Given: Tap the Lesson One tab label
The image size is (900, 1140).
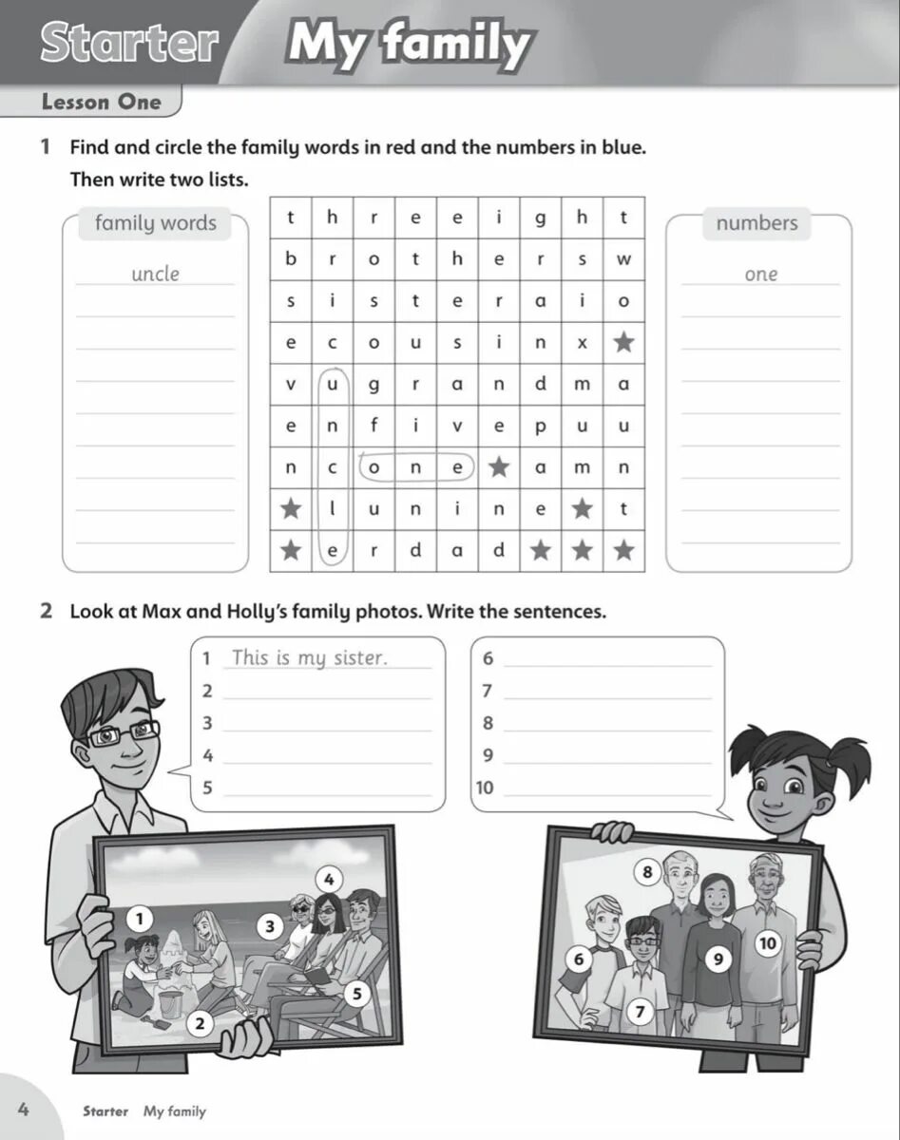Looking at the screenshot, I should [102, 102].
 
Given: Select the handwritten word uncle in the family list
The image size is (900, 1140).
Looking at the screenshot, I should [155, 274].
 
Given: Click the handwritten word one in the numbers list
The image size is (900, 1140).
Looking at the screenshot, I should [761, 274].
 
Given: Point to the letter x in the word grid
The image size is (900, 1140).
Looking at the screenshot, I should [583, 343].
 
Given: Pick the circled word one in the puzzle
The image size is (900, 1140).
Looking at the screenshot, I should [415, 467].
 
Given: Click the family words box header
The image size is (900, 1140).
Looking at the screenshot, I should [156, 223].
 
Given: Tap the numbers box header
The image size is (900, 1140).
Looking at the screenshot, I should [757, 223].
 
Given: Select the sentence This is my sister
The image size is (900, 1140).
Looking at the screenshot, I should [310, 657].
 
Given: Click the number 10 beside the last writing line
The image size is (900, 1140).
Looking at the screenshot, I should [485, 788].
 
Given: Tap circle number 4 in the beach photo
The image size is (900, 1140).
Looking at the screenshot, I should [328, 879].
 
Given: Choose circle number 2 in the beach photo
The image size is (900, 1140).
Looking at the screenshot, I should [200, 1023].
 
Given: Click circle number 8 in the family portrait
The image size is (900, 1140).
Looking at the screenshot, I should [647, 871].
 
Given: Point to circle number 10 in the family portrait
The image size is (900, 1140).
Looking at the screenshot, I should [767, 942].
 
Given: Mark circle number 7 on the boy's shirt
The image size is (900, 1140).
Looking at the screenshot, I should [640, 1012].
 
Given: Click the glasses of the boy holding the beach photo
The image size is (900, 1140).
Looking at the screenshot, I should [124, 733].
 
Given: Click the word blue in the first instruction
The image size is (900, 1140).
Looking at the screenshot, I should [622, 147].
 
